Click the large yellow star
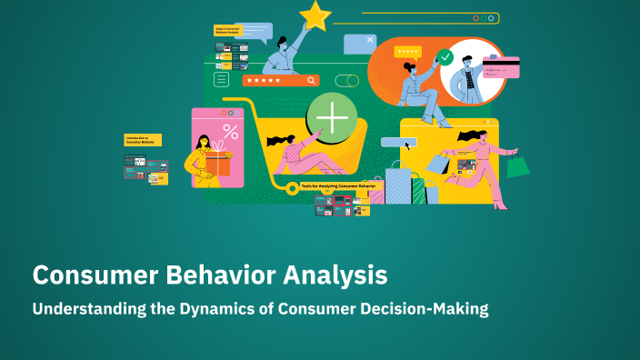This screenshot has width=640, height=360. coord(315,15)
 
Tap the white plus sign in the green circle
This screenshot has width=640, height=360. coord(331,119)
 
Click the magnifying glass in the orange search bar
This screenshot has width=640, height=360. coord(311,80)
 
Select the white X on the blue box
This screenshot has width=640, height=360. coord(370,40)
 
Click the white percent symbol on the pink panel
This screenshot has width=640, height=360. coord(230,131)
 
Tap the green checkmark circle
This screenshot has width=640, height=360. coord(445,57)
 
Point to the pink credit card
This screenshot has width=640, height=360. coord(501,67)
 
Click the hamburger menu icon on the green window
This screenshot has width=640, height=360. coord(221,80)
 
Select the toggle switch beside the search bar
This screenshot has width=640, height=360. coord(346,80)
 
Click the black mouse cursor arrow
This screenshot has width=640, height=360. coord(408,144)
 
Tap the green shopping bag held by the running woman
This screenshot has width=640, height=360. coord(517,165)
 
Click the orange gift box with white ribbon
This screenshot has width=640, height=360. coord(216,165)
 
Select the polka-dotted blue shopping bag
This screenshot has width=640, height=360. coord(397,187)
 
